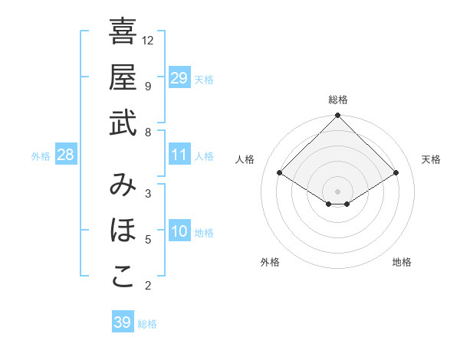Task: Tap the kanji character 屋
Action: pos(123,77)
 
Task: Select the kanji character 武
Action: pos(123,124)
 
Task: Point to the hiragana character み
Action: pos(123,184)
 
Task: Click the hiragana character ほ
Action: pos(123,231)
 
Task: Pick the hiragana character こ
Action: pos(123,277)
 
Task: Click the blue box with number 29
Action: pos(179,77)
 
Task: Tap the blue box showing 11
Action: pos(179,155)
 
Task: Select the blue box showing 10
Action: pos(179,231)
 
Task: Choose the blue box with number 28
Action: pos(66,155)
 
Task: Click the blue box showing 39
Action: pos(123,322)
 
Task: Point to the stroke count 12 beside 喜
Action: pos(148,40)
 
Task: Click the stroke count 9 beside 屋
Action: pos(148,87)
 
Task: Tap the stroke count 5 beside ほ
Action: pos(148,240)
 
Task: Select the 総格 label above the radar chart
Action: pos(338,100)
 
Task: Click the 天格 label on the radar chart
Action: pos(431,159)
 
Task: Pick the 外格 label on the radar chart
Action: pos(269,262)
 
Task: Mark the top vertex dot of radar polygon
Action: pos(338,116)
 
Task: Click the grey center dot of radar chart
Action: pos(338,191)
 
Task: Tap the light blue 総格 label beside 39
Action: pos(148,324)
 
